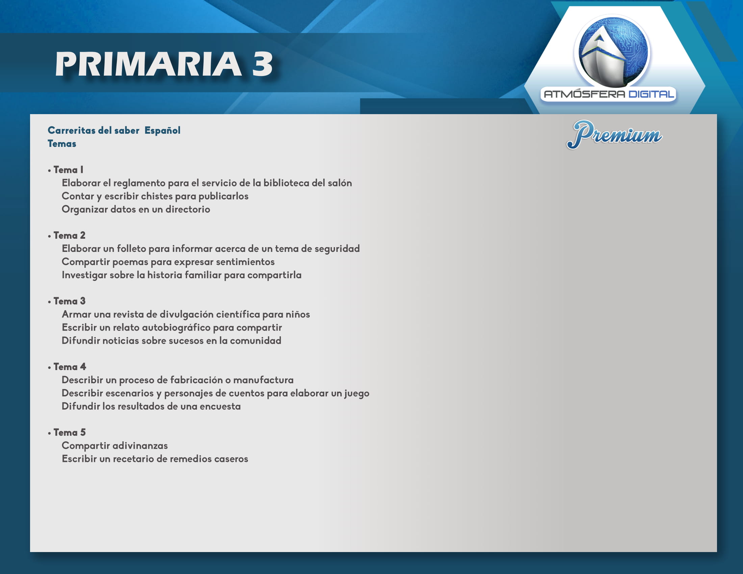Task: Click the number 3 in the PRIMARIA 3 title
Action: (262, 64)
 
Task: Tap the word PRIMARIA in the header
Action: (148, 64)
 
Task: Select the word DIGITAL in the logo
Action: (651, 94)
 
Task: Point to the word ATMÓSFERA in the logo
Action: (585, 94)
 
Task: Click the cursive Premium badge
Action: (614, 135)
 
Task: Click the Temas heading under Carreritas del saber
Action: (62, 144)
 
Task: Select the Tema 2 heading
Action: (69, 235)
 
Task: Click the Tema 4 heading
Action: (70, 367)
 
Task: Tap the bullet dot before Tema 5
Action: (50, 433)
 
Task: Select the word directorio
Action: (188, 209)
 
